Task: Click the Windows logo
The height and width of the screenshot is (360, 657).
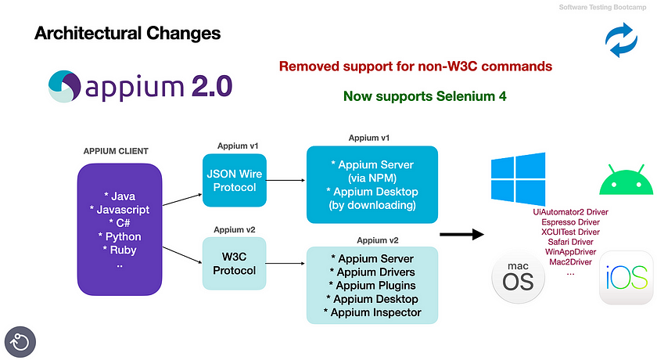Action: tap(519, 178)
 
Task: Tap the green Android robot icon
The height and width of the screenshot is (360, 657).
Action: tap(626, 181)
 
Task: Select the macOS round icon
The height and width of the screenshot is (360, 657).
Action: tap(518, 277)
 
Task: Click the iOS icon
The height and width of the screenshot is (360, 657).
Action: tap(626, 278)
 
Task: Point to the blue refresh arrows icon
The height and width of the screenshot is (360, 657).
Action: tap(621, 40)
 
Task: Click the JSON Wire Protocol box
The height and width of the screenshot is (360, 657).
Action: tap(235, 180)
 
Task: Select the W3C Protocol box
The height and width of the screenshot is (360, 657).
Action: tap(234, 264)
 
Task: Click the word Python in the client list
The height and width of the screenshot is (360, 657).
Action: tap(124, 237)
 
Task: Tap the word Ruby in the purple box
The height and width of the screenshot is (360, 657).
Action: tap(124, 250)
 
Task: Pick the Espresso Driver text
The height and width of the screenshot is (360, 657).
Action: tap(570, 222)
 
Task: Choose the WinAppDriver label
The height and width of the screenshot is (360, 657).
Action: tap(570, 252)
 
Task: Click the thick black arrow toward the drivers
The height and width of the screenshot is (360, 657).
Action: tap(461, 234)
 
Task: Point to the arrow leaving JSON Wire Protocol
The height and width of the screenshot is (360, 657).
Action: tap(285, 180)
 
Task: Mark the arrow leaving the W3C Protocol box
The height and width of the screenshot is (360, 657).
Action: tap(285, 264)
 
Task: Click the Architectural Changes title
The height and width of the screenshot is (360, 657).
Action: tap(127, 33)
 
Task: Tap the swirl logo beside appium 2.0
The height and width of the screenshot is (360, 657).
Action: tap(64, 86)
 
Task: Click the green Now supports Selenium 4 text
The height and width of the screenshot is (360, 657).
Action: tap(425, 96)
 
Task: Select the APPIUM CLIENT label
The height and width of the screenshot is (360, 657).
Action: tap(116, 151)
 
